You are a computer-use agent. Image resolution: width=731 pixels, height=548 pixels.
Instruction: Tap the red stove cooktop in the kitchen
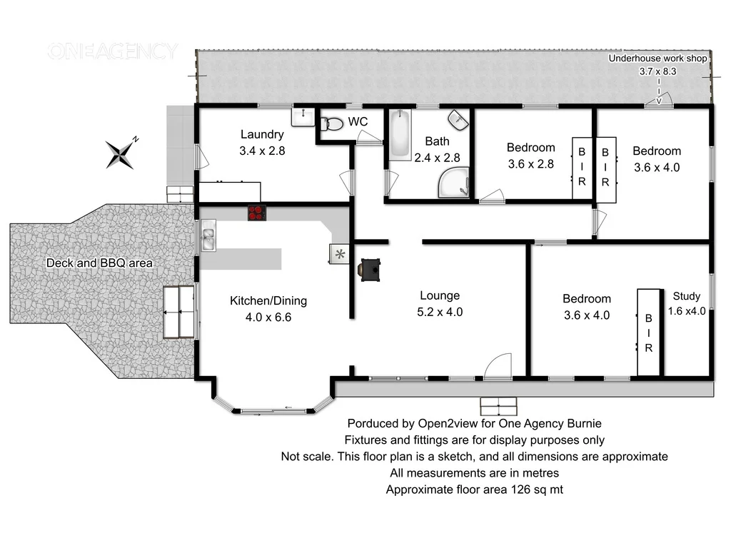[256, 212]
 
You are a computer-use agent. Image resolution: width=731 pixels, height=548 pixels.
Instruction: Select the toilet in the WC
[331, 123]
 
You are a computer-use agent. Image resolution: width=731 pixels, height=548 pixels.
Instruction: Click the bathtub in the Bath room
[398, 135]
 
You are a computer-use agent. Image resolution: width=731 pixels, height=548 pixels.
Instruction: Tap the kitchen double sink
[208, 236]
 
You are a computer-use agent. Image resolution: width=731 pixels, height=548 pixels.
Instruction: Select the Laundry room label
[262, 134]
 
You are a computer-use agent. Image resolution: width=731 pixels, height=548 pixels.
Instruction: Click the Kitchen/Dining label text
[268, 300]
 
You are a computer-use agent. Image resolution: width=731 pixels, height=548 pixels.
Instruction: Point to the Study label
[687, 296]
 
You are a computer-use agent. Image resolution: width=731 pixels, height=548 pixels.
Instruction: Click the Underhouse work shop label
[657, 59]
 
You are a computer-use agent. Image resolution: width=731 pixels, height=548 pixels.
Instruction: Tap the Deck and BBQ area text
[99, 263]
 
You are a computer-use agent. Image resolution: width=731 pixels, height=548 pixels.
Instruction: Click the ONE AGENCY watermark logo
[112, 51]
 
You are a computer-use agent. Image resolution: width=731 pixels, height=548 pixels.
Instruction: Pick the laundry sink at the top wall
[303, 116]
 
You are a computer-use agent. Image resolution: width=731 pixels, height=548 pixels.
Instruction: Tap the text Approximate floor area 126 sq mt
[475, 489]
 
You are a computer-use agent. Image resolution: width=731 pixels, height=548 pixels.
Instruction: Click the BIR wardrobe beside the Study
[649, 333]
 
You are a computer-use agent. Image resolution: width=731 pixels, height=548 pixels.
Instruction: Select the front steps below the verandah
[498, 406]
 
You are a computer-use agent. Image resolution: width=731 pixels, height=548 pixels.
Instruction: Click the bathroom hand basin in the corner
[458, 119]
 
